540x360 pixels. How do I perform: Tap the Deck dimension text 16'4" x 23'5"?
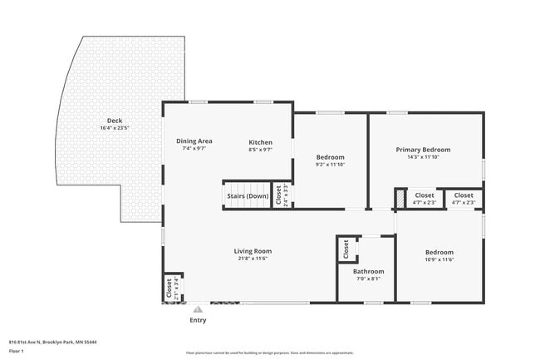(114, 128)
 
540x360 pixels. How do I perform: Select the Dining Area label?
(194, 141)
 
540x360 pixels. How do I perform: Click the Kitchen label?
(261, 142)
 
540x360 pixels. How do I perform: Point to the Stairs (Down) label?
(248, 196)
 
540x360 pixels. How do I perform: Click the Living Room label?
(252, 250)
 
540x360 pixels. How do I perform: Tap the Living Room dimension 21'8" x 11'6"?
(252, 258)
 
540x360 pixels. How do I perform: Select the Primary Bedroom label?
(423, 150)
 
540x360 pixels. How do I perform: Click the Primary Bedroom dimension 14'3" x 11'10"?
(423, 157)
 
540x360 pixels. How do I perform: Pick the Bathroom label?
(368, 271)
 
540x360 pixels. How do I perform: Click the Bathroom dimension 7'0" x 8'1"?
(368, 279)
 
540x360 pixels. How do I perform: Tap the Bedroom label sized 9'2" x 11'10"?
(330, 157)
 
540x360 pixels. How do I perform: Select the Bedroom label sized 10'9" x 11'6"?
(439, 252)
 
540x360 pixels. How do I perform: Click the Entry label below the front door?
(198, 319)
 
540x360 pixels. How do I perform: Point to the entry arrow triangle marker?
(198, 308)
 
